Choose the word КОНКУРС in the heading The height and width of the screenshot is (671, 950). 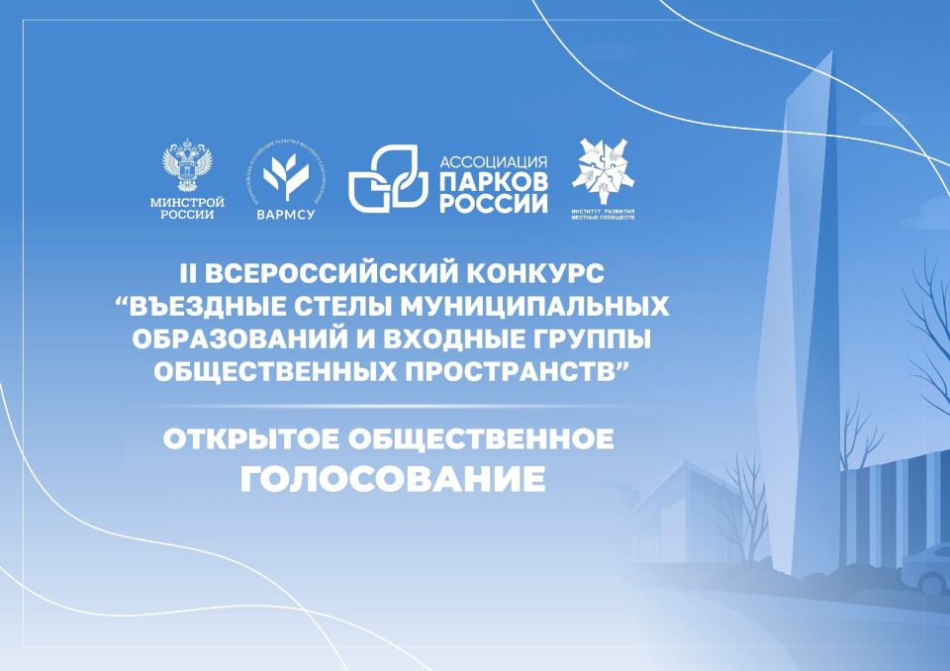coord(563,271)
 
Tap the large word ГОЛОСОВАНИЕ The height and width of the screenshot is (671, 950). coord(392,481)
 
